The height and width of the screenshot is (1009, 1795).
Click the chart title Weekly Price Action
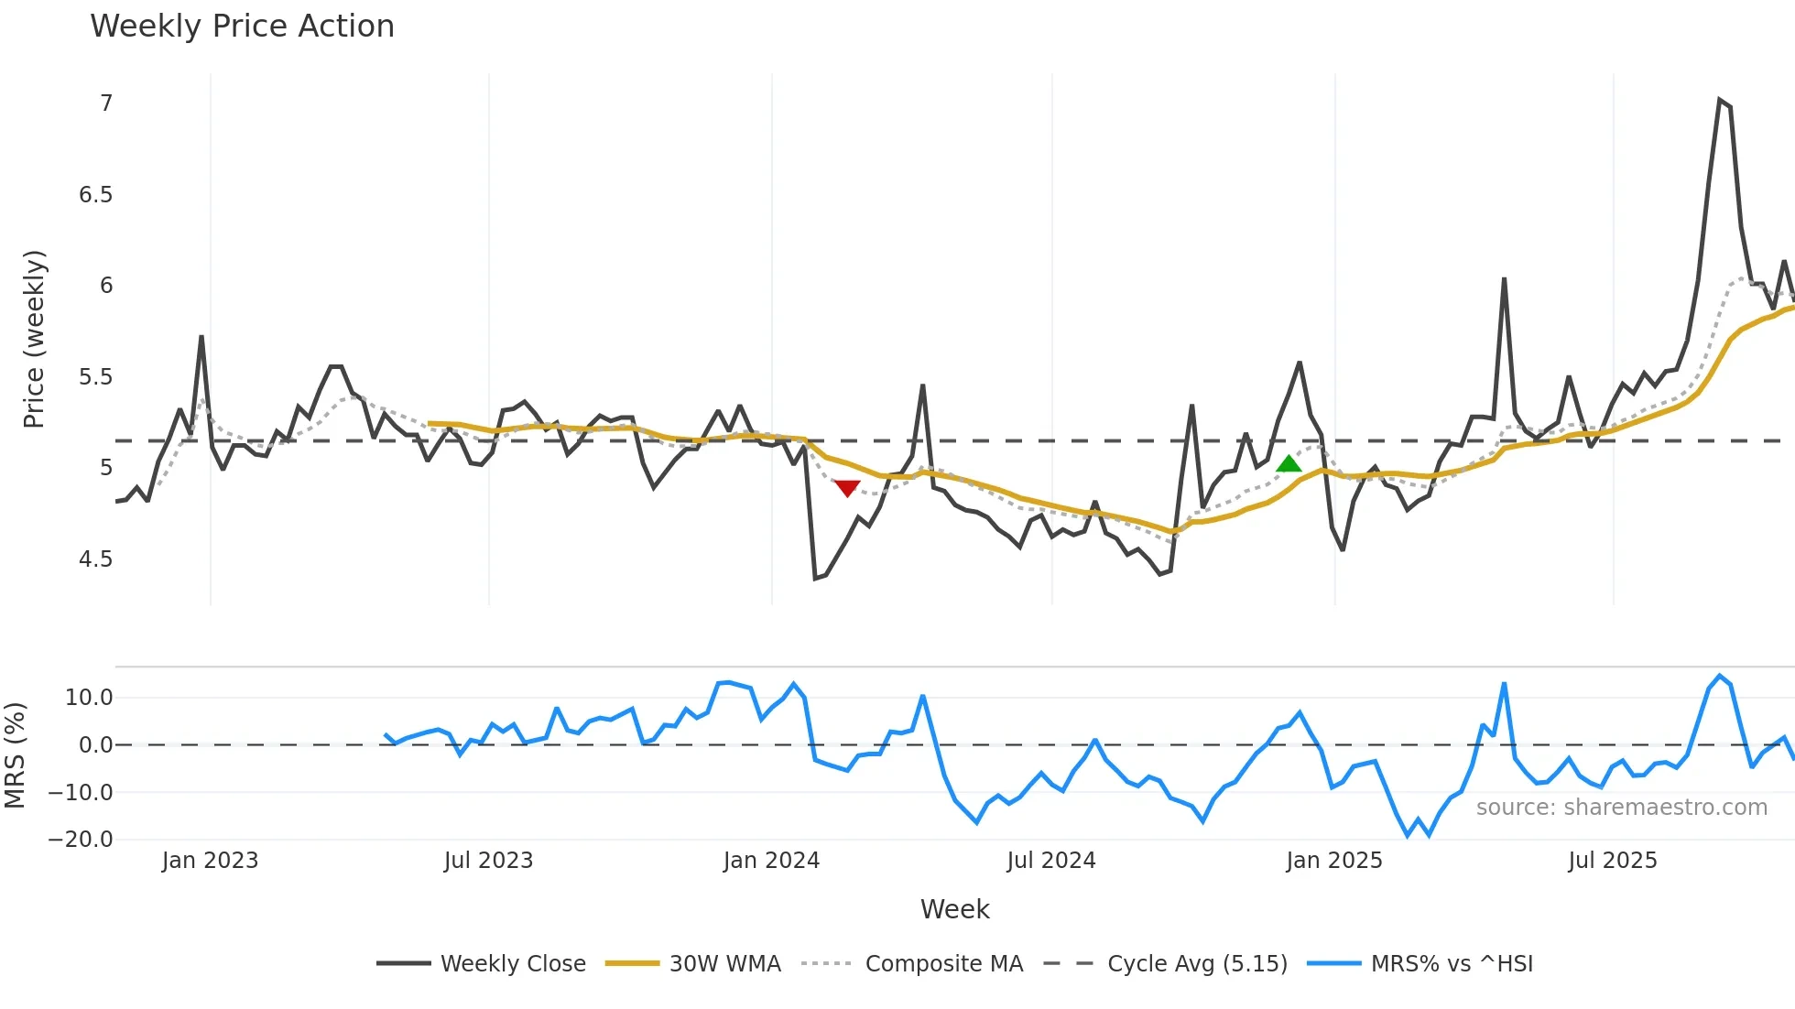(242, 27)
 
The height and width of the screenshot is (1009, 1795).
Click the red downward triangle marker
(847, 488)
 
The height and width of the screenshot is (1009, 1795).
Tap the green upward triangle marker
(1289, 464)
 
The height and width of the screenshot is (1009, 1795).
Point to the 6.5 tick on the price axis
(95, 195)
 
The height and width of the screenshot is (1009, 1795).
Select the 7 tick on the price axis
(106, 103)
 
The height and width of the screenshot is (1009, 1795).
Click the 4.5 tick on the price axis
(95, 559)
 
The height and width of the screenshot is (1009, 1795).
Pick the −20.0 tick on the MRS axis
(81, 840)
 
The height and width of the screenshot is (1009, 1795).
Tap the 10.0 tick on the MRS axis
(89, 698)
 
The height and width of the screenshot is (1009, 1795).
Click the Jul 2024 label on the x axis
(1050, 861)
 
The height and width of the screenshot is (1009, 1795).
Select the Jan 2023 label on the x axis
(210, 861)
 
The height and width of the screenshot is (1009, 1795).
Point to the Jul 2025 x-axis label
(1612, 861)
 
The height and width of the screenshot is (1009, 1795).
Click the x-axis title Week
(954, 909)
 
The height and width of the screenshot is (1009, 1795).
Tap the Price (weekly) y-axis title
(34, 339)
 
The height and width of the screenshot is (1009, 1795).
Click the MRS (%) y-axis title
(16, 755)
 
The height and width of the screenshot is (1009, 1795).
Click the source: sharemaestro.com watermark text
(1621, 808)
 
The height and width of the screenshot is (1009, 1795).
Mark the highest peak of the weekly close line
(1719, 100)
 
